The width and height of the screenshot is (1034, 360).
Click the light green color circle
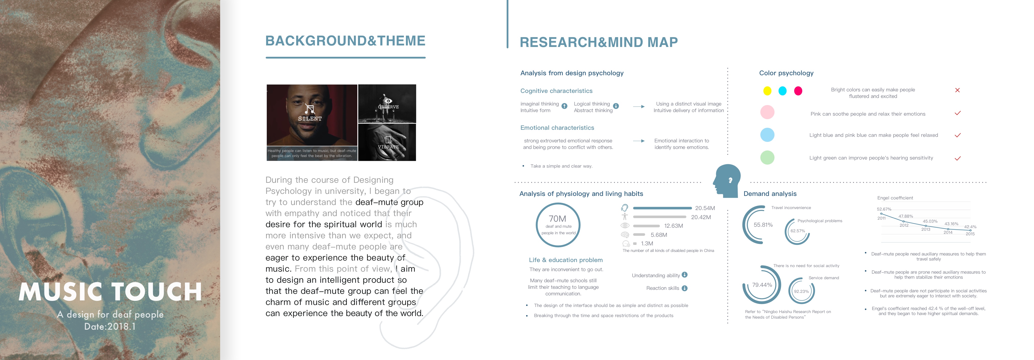point(767,157)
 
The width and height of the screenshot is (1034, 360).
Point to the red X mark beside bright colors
point(957,90)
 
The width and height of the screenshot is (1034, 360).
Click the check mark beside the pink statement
point(957,113)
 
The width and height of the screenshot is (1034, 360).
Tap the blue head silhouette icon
point(727,181)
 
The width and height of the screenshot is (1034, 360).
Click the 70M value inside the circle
point(558,219)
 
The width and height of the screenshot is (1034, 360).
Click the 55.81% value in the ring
point(763,225)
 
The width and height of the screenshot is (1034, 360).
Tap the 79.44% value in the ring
point(762,285)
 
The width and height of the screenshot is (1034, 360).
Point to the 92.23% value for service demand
point(801,291)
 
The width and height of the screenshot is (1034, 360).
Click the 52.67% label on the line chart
point(884,209)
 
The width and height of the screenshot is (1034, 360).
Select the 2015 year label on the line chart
point(970,234)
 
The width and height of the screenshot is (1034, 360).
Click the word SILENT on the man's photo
point(310,119)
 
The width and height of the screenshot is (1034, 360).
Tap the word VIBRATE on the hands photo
point(388,147)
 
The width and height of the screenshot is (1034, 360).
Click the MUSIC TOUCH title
point(110,292)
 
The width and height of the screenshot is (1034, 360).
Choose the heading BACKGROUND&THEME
point(345,41)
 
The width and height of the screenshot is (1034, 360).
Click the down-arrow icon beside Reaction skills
point(684,288)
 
